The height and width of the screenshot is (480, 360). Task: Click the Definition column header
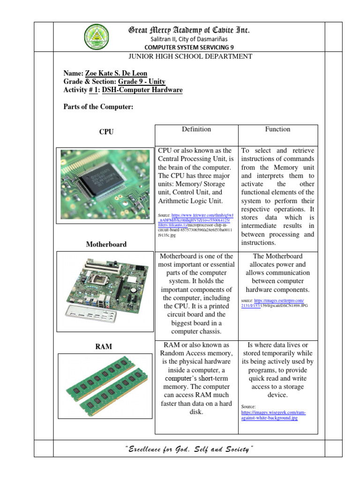click(196, 129)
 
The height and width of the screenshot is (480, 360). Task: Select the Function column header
click(277, 129)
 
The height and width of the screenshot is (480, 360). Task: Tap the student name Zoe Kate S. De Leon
click(116, 74)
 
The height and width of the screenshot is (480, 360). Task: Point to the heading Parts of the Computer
click(98, 107)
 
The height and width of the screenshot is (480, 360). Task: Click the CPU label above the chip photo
click(106, 132)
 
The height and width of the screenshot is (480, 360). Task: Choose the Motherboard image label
click(106, 244)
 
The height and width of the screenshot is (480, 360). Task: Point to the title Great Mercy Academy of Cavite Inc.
click(189, 30)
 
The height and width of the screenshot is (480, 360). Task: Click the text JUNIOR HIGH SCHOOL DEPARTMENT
click(190, 57)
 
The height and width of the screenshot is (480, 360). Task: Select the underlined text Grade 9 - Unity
click(142, 82)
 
